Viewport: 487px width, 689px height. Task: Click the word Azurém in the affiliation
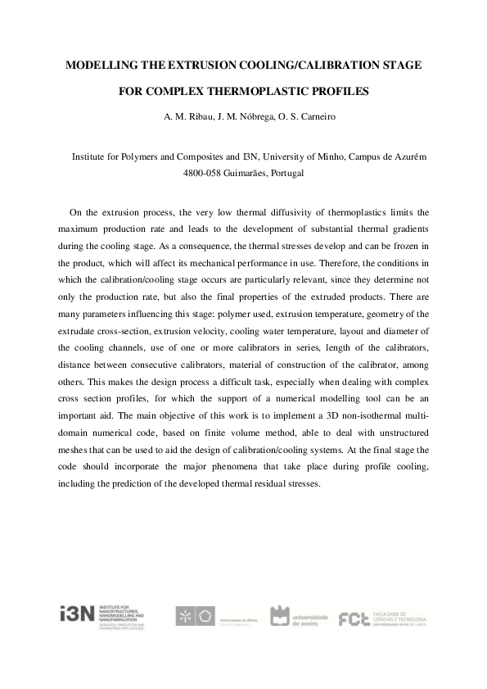(406, 156)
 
